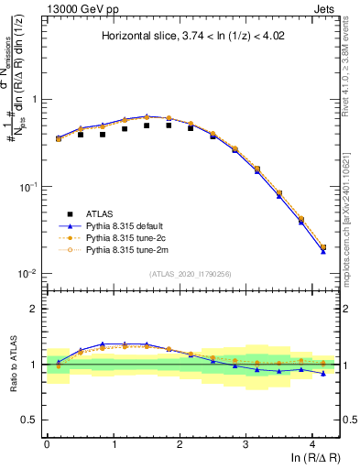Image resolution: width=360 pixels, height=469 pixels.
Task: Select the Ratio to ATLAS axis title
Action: [x=13, y=364]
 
